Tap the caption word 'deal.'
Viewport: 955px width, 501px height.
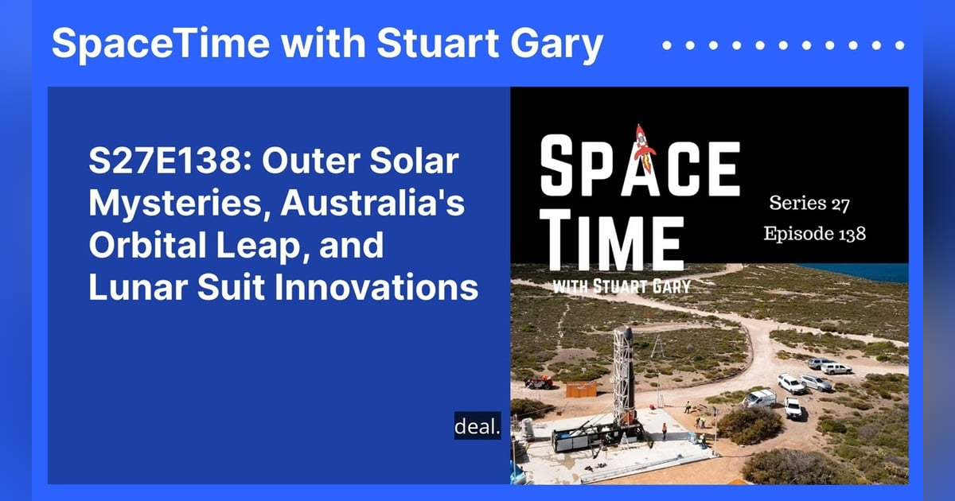(477, 426)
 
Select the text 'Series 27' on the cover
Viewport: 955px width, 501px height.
(809, 204)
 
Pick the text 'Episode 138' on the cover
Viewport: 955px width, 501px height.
(813, 234)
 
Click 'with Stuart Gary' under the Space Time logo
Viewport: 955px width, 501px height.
(620, 285)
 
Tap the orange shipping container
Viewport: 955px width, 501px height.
(581, 388)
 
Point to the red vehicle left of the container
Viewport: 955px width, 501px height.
(540, 383)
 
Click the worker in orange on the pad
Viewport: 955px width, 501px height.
(664, 430)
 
